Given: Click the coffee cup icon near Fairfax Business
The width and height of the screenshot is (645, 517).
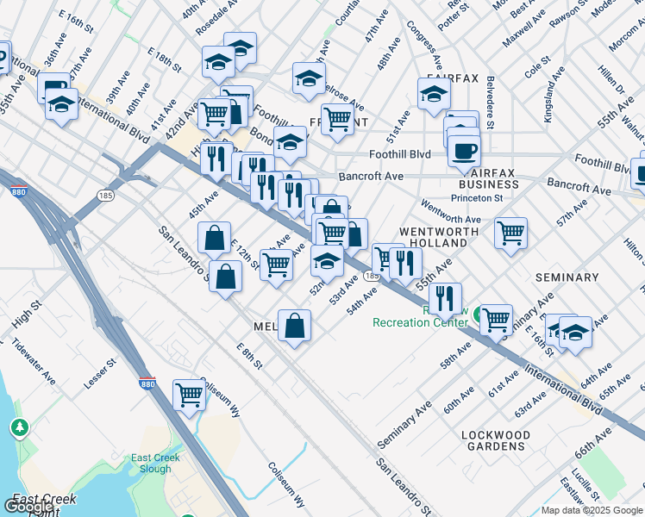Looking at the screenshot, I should (464, 152).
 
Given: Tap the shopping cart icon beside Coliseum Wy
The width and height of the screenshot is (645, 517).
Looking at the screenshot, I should (189, 396).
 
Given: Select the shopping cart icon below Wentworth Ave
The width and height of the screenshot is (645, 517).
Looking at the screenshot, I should (511, 233).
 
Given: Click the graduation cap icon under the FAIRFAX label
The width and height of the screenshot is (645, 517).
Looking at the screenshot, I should (434, 95).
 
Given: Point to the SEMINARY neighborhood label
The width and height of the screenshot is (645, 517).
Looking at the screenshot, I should (567, 277).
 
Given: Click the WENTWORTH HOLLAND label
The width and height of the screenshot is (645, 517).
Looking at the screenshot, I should (433, 238).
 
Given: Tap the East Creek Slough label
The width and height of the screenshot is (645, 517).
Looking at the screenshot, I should (155, 464).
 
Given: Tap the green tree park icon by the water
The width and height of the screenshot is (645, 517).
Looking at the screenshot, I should (19, 427).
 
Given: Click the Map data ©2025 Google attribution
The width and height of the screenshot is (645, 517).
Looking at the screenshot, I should (592, 510).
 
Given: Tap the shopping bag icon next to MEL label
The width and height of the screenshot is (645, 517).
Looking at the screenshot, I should (294, 326).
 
